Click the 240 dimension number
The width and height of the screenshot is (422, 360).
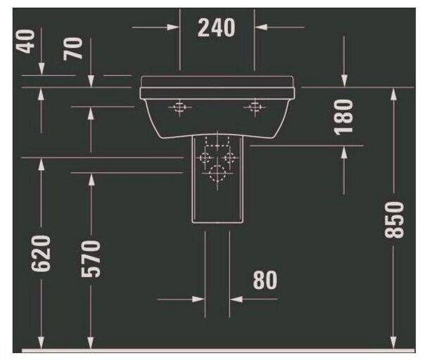216,28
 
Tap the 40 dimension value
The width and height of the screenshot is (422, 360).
29,41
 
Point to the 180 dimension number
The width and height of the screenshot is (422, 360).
343,117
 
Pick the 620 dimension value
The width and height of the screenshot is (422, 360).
41,255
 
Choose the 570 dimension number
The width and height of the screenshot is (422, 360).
91,259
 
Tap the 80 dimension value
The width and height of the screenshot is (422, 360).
264,280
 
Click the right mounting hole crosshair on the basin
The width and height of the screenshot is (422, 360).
255,107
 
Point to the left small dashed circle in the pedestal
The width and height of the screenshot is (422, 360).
206,157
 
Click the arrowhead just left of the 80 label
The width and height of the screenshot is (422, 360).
238,299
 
